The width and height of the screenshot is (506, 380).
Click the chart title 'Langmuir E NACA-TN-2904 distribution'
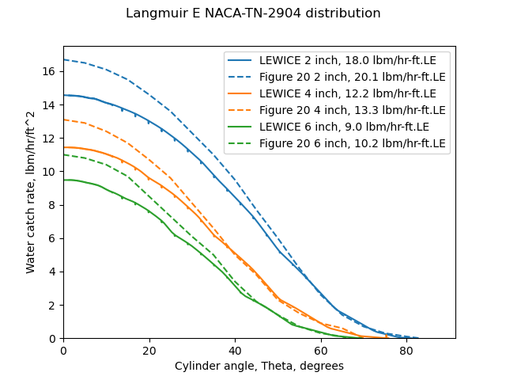click(x=253, y=13)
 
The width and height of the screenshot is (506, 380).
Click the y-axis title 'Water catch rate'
click(x=31, y=192)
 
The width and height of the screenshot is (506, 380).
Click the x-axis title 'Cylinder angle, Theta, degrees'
click(x=259, y=367)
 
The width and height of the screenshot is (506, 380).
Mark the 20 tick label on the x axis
click(x=149, y=350)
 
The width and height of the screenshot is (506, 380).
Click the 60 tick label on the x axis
click(x=320, y=350)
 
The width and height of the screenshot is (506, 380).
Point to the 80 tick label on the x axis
click(x=406, y=350)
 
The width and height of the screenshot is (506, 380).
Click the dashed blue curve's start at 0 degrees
click(x=64, y=59)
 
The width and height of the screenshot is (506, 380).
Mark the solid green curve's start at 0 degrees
click(x=64, y=180)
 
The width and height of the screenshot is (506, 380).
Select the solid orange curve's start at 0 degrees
click(x=64, y=147)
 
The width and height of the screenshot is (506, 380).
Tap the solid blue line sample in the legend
click(x=240, y=59)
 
